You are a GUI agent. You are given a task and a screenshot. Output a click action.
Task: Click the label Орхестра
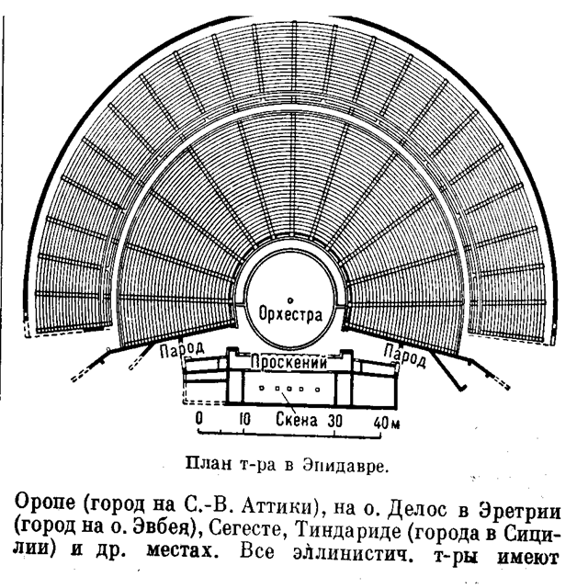pyautogui.click(x=290, y=314)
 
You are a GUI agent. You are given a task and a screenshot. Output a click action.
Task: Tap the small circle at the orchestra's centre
pyautogui.click(x=289, y=300)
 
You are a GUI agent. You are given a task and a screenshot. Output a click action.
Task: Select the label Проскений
pyautogui.click(x=288, y=362)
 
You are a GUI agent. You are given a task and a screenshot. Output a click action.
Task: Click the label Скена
pyautogui.click(x=297, y=419)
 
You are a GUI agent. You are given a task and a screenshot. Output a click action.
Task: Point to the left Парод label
pyautogui.click(x=182, y=349)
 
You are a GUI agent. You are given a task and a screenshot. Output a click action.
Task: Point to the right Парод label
pyautogui.click(x=405, y=356)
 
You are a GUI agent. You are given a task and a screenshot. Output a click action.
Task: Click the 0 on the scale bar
pyautogui.click(x=198, y=419)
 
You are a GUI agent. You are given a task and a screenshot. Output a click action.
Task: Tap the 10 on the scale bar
pyautogui.click(x=244, y=419)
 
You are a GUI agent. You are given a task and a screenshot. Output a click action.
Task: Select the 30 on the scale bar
pyautogui.click(x=335, y=421)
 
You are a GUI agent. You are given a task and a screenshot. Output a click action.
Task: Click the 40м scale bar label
pyautogui.click(x=387, y=423)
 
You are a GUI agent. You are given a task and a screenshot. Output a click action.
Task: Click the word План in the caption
pyautogui.click(x=209, y=464)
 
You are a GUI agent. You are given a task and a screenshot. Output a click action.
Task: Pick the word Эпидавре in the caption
pyautogui.click(x=345, y=466)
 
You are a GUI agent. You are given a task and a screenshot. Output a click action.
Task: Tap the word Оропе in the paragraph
pyautogui.click(x=45, y=503)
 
